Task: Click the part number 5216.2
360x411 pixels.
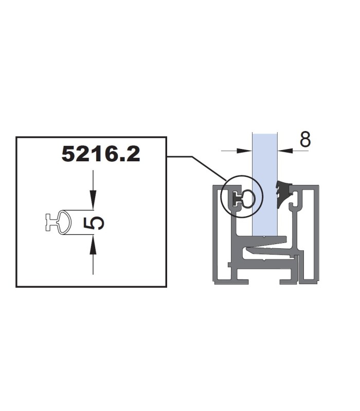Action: tap(101, 154)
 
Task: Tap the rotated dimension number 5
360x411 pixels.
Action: tap(94, 223)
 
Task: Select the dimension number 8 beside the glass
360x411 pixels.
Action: tap(305, 139)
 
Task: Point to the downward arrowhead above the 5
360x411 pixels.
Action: tap(93, 200)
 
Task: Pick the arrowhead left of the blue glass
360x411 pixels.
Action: tap(244, 151)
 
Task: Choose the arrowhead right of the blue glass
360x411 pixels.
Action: tap(285, 151)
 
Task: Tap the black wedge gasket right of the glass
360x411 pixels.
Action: tap(283, 194)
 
